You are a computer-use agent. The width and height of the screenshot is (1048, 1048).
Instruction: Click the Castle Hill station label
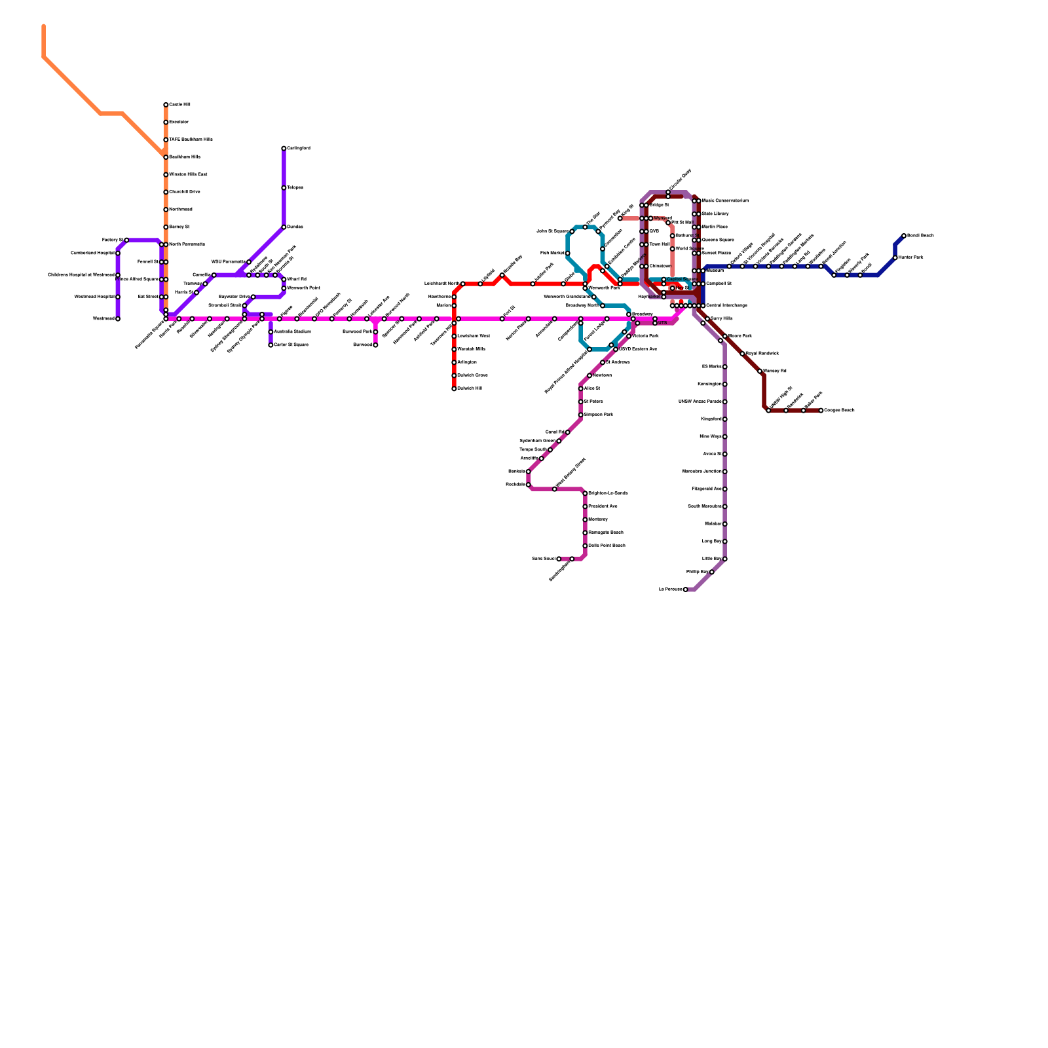pos(179,105)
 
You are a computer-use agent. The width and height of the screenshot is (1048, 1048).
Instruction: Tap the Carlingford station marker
pos(284,149)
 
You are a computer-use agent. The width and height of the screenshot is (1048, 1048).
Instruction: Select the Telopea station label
pos(295,188)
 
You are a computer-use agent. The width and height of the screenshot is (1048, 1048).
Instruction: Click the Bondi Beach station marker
pos(904,236)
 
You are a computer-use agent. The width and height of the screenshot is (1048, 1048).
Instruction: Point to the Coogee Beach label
pos(839,411)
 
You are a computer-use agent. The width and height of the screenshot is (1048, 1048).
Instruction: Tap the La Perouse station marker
pos(686,589)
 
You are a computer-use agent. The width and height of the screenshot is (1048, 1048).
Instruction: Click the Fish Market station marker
pos(568,253)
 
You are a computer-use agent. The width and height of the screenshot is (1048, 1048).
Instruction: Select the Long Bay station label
pos(712,542)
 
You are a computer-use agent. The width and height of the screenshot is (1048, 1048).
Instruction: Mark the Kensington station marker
pos(725,384)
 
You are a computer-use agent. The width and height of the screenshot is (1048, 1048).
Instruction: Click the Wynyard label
pos(663,218)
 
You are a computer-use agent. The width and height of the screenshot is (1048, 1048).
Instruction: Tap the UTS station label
pos(663,323)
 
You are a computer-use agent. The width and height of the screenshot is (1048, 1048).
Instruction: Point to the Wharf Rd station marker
pos(284,280)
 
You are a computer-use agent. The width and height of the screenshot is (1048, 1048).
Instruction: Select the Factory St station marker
pos(126,240)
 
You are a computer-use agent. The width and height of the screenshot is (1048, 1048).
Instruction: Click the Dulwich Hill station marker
pos(454,388)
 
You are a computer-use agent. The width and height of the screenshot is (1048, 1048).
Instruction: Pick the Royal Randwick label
pos(762,354)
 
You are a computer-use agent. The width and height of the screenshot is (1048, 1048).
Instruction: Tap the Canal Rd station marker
pos(568,432)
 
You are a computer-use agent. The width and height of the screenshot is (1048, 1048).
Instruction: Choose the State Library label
pos(715,214)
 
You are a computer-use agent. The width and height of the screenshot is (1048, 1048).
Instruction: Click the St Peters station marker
pos(581,402)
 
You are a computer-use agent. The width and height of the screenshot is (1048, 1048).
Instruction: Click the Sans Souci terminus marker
pos(559,559)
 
